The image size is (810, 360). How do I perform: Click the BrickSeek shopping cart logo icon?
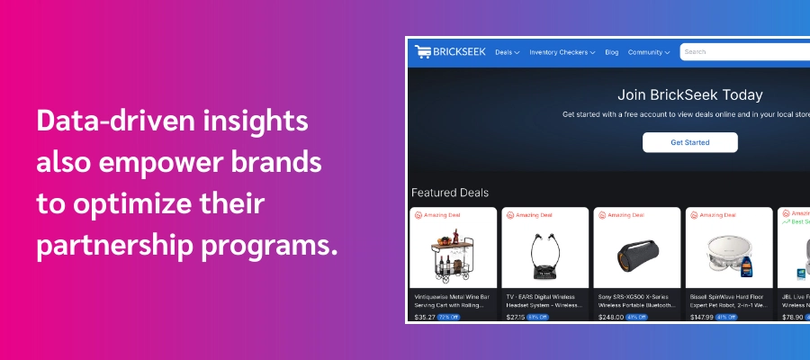422,52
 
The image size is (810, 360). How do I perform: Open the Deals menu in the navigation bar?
507,52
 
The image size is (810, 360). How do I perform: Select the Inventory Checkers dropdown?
562,52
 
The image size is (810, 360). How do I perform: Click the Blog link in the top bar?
612,52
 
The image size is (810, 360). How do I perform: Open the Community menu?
648,52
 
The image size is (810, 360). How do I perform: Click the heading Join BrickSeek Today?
690,94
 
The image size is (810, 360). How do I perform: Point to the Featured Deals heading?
450,193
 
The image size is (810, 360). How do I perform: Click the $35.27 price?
425,317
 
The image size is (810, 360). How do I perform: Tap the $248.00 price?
611,317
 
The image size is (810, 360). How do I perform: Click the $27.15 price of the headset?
516,317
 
